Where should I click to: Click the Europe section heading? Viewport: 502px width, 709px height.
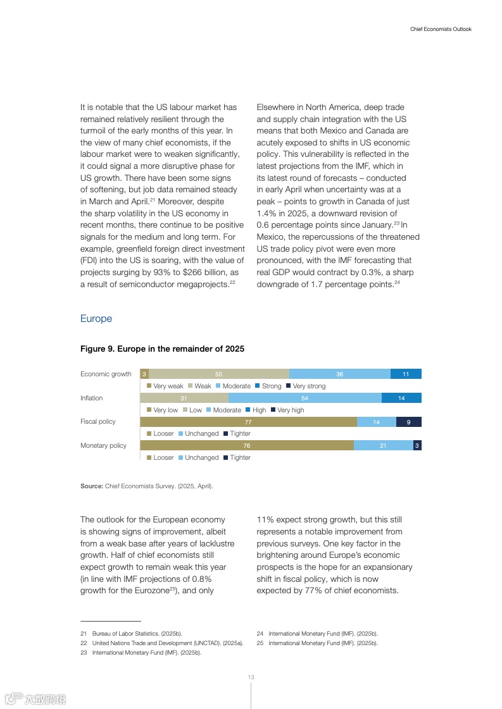96,319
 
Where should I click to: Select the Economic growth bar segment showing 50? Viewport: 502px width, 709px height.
218,374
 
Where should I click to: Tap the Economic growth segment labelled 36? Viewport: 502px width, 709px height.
339,374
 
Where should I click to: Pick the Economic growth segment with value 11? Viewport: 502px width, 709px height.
406,374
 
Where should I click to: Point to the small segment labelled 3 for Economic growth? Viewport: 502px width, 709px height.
144,374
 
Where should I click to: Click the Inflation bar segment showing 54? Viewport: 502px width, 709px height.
304,398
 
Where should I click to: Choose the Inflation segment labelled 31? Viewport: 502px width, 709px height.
184,398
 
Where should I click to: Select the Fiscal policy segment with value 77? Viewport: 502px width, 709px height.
248,422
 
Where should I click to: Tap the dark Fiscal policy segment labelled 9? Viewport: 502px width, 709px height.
408,422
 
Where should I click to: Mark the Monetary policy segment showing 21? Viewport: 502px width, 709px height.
383,445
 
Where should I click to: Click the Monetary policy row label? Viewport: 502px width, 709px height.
103,445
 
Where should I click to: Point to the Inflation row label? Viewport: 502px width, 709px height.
91,398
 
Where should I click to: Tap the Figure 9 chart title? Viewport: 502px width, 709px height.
162,349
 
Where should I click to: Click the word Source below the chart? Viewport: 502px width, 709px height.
91,486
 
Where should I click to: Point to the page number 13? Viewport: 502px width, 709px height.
251,677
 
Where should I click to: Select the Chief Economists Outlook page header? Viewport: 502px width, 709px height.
441,29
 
